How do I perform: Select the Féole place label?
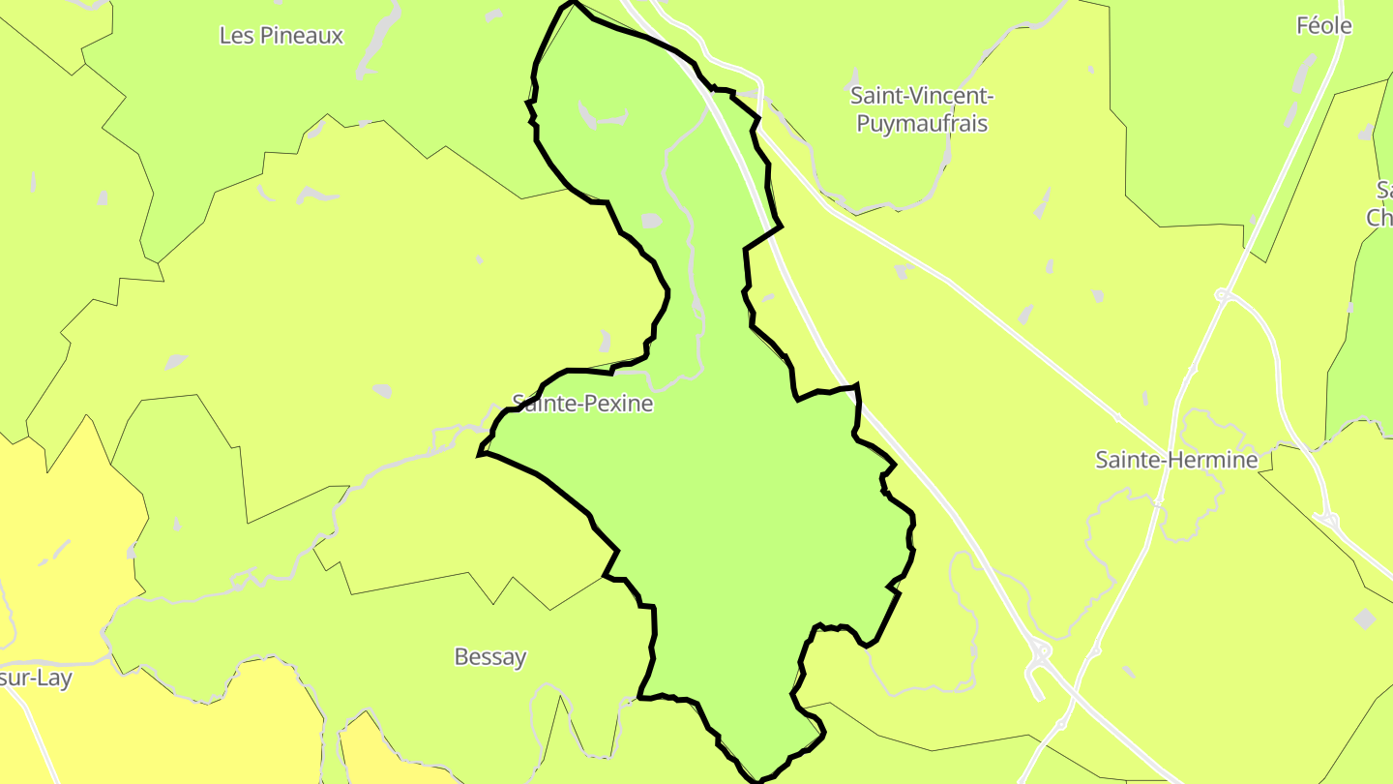(1324, 26)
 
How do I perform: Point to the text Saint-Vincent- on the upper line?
(922, 96)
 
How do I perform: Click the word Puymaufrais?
(922, 124)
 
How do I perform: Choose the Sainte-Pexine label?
(582, 403)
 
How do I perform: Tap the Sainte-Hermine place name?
(1175, 460)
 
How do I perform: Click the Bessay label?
(490, 657)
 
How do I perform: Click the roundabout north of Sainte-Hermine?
(1223, 294)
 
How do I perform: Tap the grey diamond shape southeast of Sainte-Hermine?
(1364, 618)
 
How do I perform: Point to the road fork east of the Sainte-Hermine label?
(1329, 521)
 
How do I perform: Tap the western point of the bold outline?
(480, 452)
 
